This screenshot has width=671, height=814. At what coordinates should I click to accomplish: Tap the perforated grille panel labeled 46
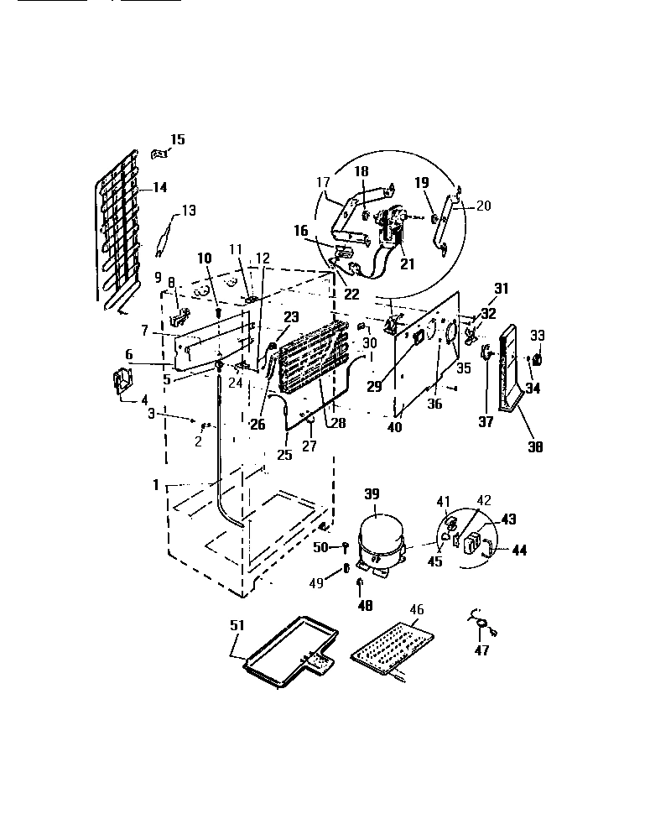coord(394,647)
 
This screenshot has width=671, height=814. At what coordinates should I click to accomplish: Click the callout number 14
coord(159,188)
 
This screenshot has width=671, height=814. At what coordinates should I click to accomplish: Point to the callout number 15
coord(178,139)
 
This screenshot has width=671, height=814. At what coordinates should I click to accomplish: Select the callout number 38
coord(533,447)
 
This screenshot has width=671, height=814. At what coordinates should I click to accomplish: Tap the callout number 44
coord(519,550)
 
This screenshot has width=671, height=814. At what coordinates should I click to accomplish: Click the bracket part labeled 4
coord(124,382)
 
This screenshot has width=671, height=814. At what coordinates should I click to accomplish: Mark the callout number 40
coord(394,426)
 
